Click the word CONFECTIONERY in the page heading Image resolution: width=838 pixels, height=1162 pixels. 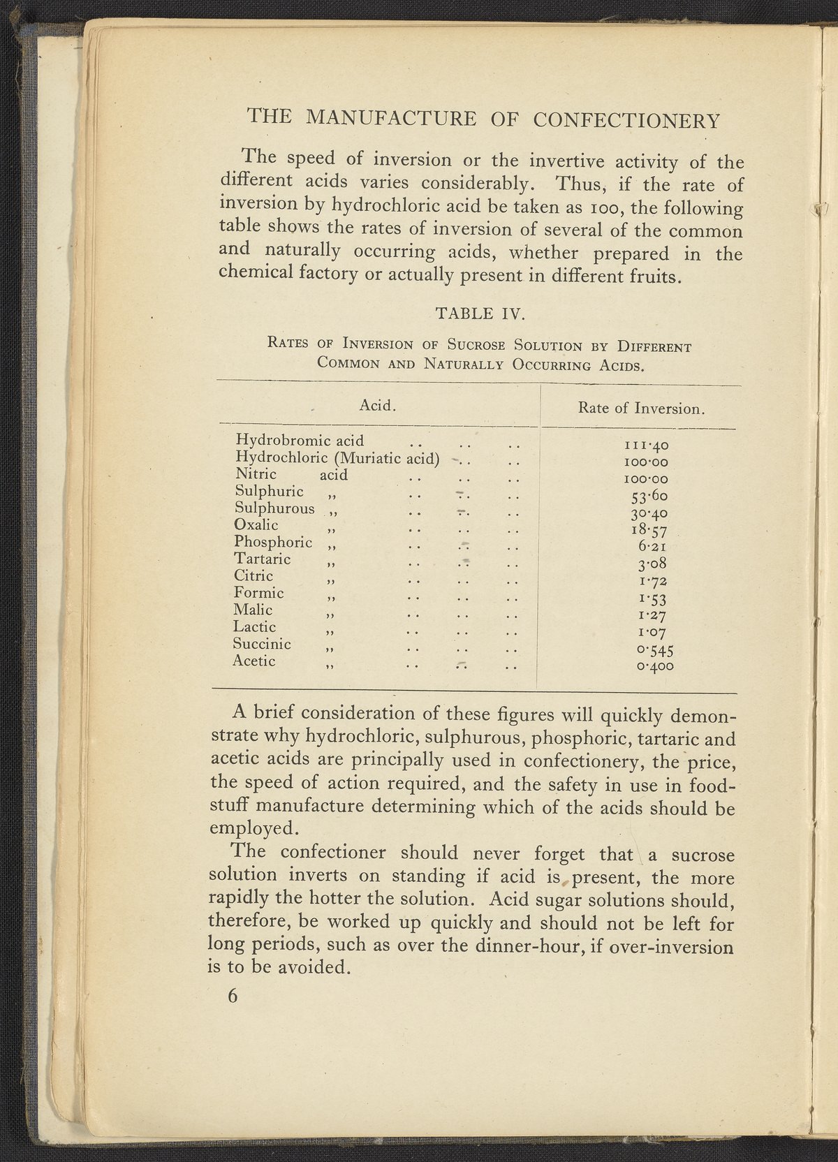[x=626, y=121]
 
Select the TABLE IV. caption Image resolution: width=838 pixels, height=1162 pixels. [x=479, y=314]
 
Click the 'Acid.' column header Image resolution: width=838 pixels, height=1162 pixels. [x=378, y=405]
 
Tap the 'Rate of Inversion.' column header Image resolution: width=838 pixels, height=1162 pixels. [x=640, y=409]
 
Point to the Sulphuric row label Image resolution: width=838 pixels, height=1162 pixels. [x=269, y=492]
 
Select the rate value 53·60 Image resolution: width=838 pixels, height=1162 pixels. [x=649, y=497]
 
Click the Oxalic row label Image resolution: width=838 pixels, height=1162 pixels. [x=256, y=525]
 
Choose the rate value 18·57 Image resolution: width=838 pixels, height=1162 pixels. [x=649, y=531]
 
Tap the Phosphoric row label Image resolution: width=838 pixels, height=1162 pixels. [x=273, y=543]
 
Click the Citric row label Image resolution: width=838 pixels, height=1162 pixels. [x=254, y=576]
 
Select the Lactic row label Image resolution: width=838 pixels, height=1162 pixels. [x=255, y=627]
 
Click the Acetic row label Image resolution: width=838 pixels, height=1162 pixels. [x=254, y=661]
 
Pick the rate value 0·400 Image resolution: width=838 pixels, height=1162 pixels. [x=654, y=667]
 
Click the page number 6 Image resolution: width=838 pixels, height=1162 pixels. [x=233, y=996]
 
